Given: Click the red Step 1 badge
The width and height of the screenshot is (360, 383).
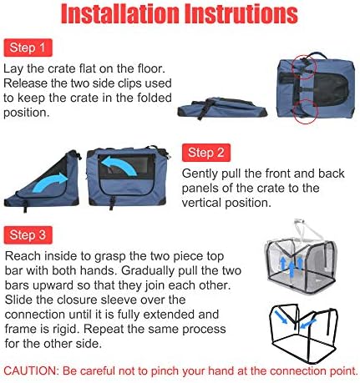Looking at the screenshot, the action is tap(28, 48).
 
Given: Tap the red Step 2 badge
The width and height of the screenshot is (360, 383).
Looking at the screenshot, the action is tap(206, 153).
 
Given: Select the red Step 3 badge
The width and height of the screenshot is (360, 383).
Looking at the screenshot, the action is tap(28, 235).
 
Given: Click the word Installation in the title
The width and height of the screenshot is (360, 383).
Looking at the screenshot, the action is tap(120, 13).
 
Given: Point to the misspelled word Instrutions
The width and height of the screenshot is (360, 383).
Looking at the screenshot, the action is tap(241, 13).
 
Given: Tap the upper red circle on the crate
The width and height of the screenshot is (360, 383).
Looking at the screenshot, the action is tap(305, 66).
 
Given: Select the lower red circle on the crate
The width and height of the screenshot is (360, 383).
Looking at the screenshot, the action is tap(306, 111).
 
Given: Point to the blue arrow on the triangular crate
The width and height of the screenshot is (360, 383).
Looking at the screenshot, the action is tap(50, 182).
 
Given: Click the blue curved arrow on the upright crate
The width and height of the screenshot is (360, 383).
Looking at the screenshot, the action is tap(119, 165).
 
